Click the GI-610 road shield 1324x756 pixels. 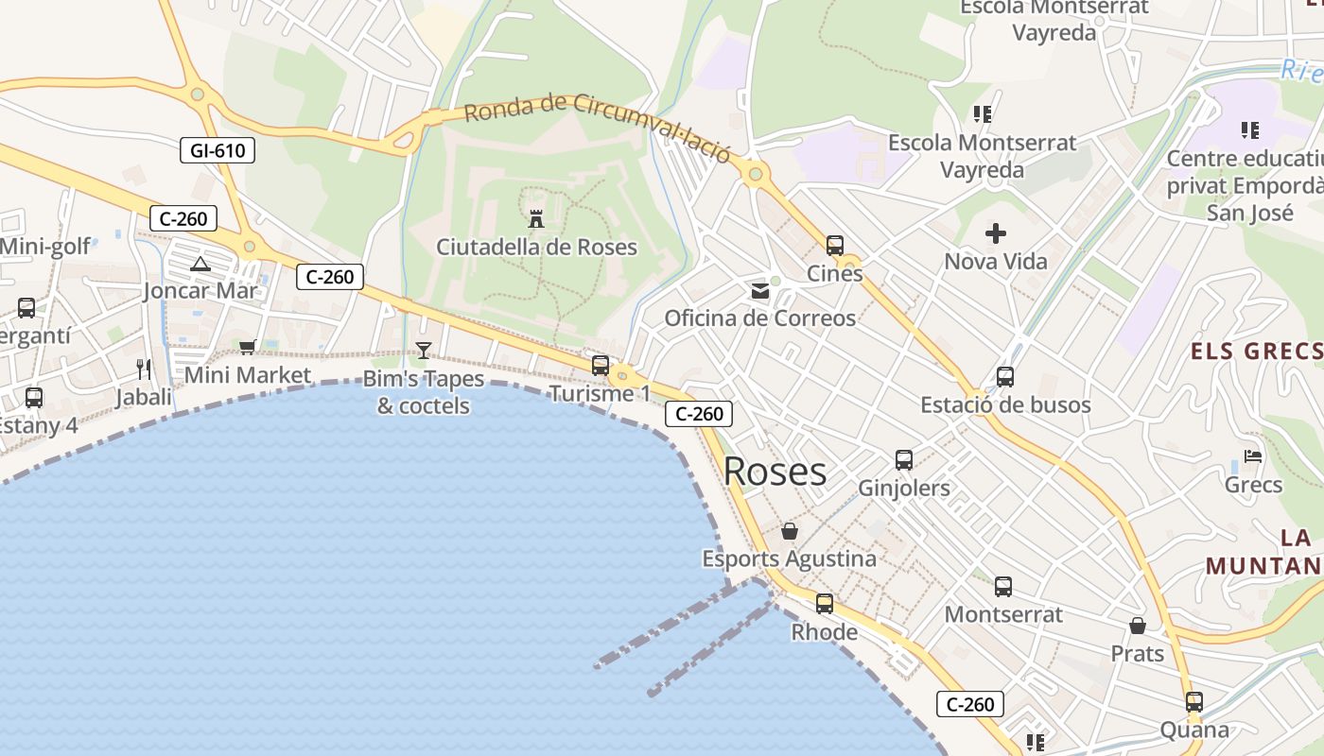(x=218, y=149)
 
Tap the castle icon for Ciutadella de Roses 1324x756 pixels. (x=536, y=219)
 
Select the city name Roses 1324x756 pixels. (x=775, y=472)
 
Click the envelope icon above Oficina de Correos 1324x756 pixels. (x=760, y=291)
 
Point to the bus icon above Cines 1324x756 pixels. (x=835, y=246)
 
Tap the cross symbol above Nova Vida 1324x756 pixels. (x=996, y=233)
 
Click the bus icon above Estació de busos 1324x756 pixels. (x=1005, y=377)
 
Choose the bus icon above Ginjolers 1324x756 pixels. (x=904, y=460)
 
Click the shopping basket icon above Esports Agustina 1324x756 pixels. (x=790, y=531)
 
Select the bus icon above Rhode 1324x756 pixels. (x=825, y=603)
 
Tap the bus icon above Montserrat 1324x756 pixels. (x=1003, y=587)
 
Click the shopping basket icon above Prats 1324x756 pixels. (x=1138, y=626)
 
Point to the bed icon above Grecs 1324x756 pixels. (x=1253, y=456)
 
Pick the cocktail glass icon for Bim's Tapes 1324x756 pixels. (x=424, y=351)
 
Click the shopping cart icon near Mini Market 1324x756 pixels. (x=248, y=347)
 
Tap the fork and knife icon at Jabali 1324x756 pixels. (x=144, y=369)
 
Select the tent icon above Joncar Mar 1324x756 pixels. (x=200, y=264)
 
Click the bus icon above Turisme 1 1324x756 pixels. (x=601, y=366)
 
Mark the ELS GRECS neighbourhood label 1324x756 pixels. (x=1256, y=352)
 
